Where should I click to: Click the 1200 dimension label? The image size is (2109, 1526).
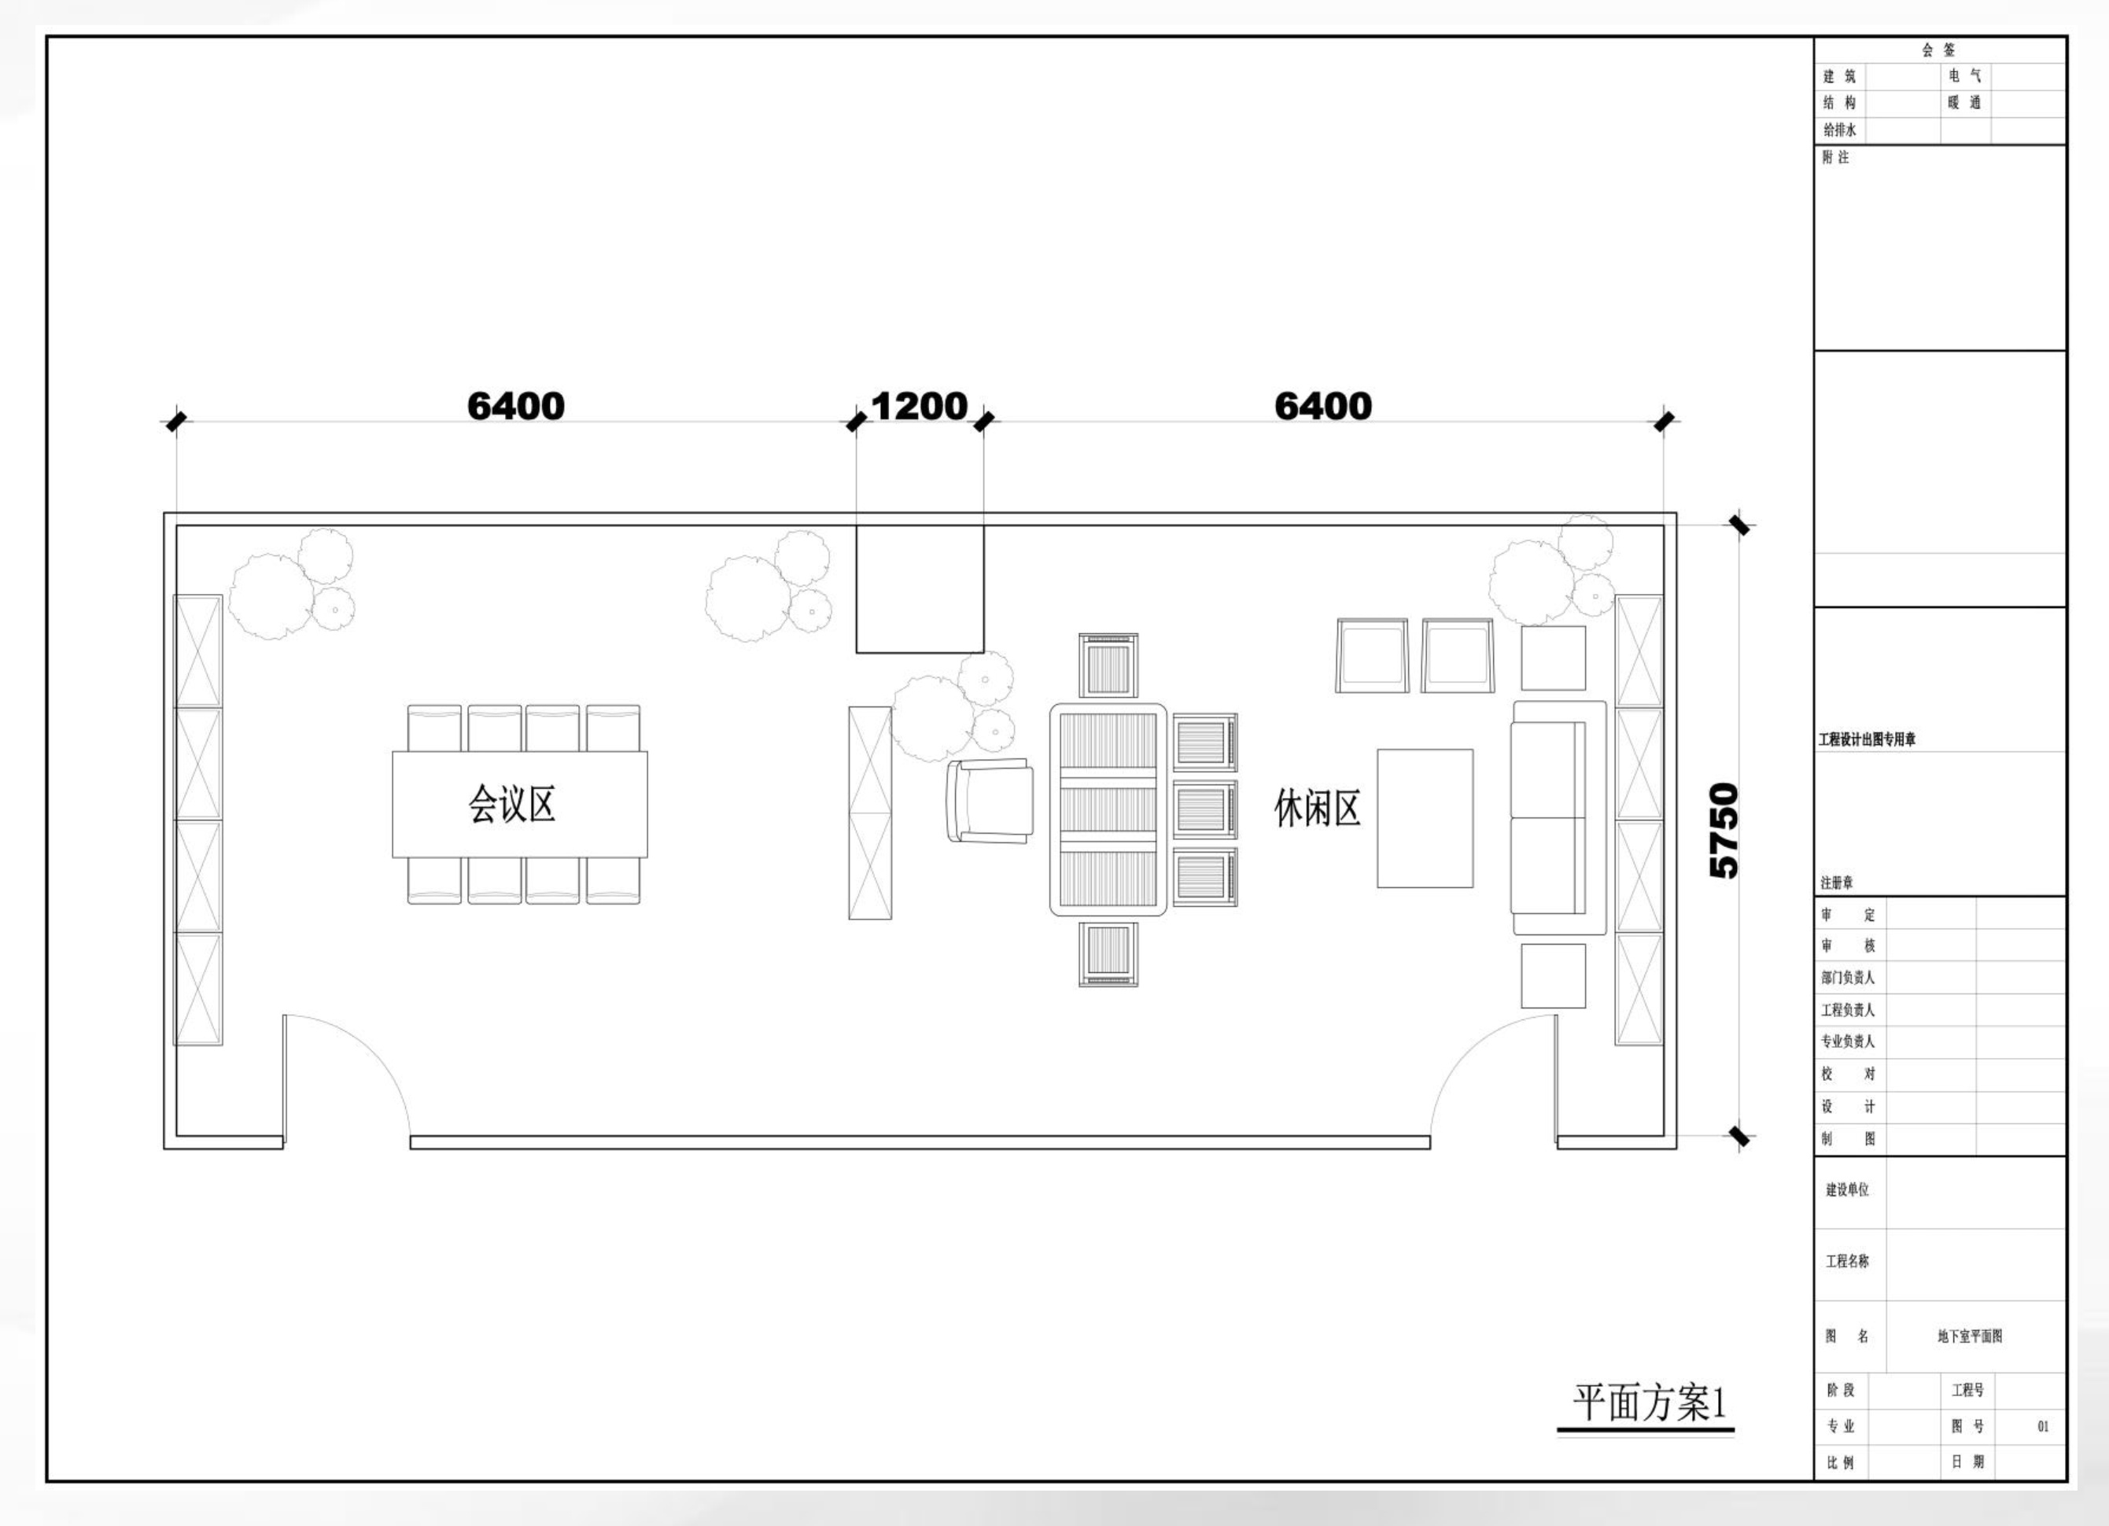point(920,407)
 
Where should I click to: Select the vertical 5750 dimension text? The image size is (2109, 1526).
point(1723,831)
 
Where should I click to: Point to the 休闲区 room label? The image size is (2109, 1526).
point(1317,808)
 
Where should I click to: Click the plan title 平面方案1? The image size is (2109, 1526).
point(1649,1403)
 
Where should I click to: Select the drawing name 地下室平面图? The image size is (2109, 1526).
point(1970,1336)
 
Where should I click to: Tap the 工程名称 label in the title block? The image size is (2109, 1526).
point(1848,1262)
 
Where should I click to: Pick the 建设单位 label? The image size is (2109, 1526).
point(1848,1190)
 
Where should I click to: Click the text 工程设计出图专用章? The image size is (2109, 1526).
point(1867,740)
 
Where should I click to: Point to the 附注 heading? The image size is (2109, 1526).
point(1835,158)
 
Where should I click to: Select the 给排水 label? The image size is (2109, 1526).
point(1839,131)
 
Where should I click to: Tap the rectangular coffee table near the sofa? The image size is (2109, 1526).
point(1425,818)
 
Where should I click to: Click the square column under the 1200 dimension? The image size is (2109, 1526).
point(920,588)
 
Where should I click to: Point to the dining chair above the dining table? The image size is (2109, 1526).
point(1108,665)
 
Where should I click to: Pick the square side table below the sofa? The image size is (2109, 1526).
point(1553,976)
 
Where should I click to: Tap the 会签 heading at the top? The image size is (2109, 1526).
point(1939,50)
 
